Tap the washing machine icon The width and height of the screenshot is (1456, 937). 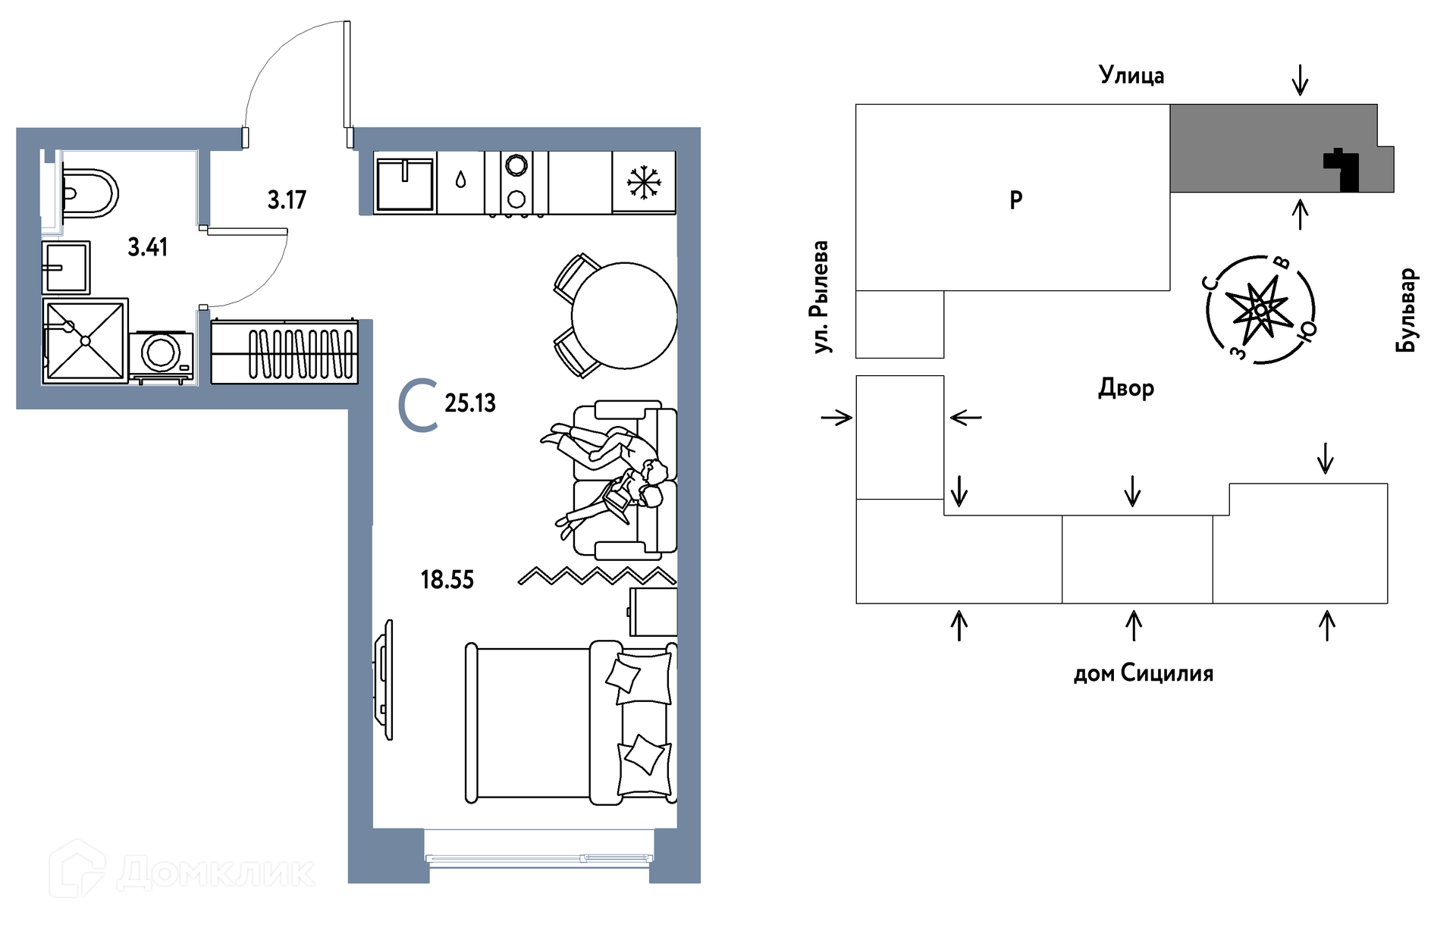tap(162, 354)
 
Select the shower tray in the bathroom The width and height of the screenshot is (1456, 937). tap(85, 340)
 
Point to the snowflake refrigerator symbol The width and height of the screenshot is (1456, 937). tap(644, 183)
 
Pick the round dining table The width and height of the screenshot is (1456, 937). tap(623, 315)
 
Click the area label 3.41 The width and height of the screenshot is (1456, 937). tap(148, 247)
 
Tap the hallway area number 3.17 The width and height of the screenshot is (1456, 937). tap(287, 200)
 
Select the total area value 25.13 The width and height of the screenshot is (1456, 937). tap(470, 403)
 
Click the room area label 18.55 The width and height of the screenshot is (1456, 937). tap(447, 580)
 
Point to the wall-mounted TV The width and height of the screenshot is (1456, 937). tap(384, 679)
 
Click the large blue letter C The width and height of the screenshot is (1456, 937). tap(418, 407)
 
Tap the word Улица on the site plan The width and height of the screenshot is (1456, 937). tap(1131, 75)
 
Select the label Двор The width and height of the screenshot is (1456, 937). tap(1126, 388)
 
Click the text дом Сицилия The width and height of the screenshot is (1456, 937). tap(1143, 673)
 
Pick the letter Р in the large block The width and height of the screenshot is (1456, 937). tap(1016, 200)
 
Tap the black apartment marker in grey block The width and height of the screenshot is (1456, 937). tap(1343, 170)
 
